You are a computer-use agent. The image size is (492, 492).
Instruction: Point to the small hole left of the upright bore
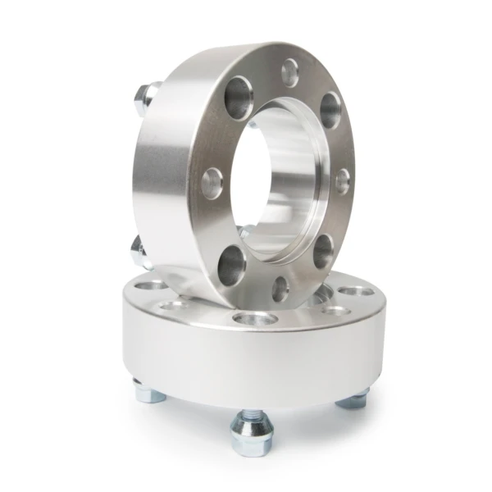point(210,178)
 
